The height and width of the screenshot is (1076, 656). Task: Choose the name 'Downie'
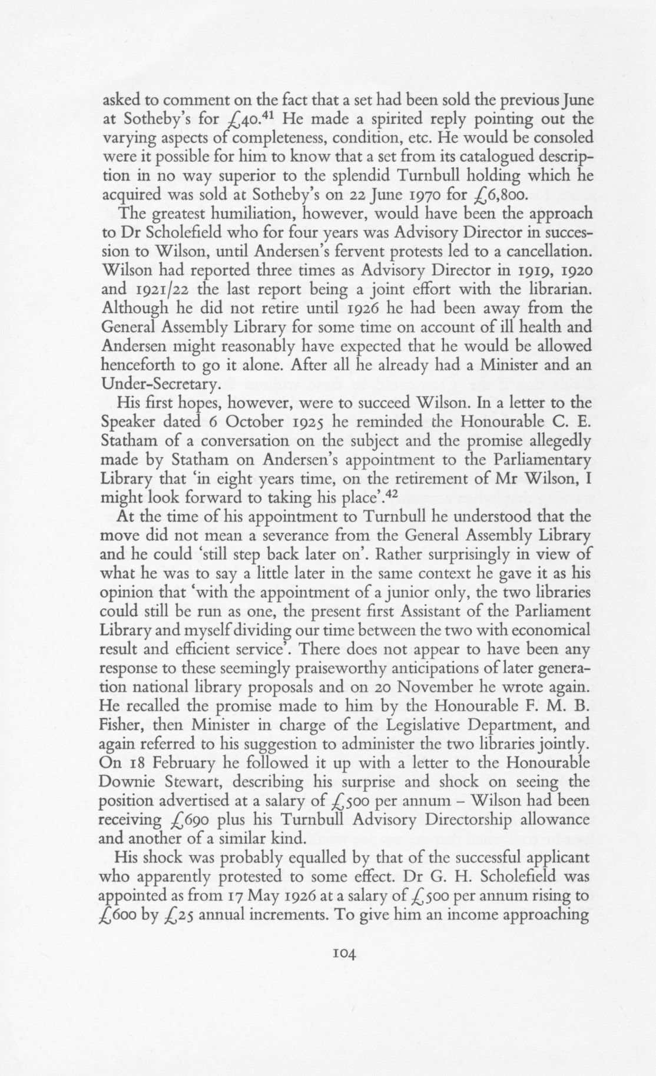pos(132,783)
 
